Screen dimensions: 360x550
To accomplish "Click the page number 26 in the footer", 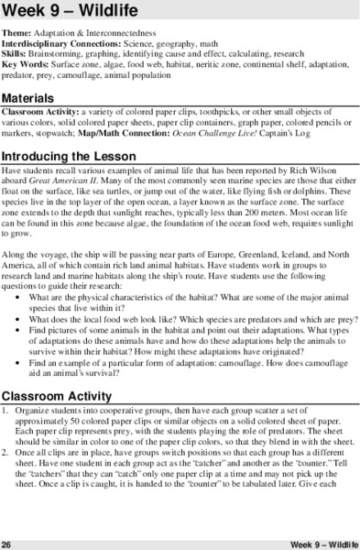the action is (x=7, y=544).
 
